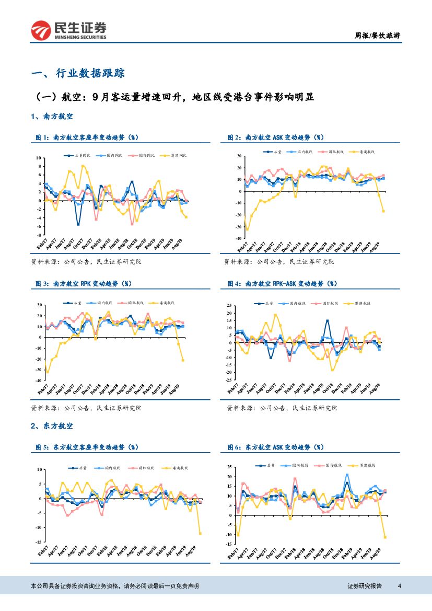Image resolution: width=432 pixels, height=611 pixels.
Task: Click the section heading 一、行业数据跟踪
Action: (x=78, y=73)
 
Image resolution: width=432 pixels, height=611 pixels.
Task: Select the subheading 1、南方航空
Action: (x=52, y=116)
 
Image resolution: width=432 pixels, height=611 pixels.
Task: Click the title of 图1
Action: (x=86, y=137)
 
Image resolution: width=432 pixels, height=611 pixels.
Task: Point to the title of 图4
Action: (x=282, y=284)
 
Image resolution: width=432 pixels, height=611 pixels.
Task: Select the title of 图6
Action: (x=275, y=447)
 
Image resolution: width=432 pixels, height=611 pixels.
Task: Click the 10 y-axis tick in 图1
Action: (x=38, y=158)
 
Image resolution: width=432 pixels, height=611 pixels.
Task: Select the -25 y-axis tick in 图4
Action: (x=228, y=380)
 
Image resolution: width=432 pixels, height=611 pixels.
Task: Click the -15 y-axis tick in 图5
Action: (x=38, y=542)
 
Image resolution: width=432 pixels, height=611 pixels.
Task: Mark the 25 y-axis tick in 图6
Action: (x=228, y=466)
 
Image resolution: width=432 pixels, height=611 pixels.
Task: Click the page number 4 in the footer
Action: (x=400, y=586)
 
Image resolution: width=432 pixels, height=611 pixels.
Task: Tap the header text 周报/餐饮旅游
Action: (x=378, y=36)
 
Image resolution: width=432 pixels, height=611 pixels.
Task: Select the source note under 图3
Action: (x=86, y=408)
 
